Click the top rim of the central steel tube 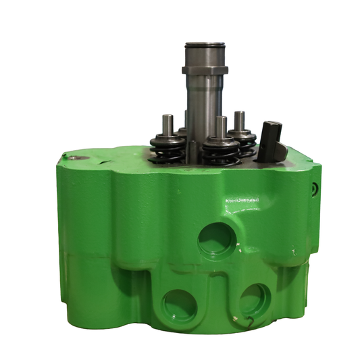(205, 45)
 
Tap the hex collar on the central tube (205, 69)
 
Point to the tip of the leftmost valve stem (166, 119)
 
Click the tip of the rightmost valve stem (239, 115)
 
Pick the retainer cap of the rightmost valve (241, 133)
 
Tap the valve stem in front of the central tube (221, 125)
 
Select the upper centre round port (217, 240)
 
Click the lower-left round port (177, 306)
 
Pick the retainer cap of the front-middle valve (222, 143)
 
